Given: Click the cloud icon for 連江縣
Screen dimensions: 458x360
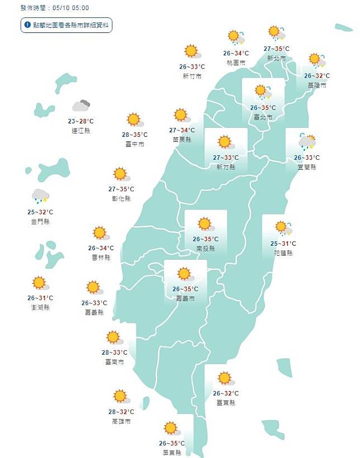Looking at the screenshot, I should click(x=82, y=106).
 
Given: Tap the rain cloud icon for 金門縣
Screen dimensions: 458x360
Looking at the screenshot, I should click(x=40, y=195).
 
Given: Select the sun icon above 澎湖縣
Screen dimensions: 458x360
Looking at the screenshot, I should click(x=39, y=283).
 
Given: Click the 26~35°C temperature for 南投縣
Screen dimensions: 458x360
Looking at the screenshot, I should click(x=205, y=240).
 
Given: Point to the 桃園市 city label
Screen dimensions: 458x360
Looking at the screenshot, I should click(x=236, y=63).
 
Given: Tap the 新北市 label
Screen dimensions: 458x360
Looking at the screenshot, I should click(x=277, y=58).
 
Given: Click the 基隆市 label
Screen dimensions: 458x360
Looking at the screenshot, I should click(x=316, y=85).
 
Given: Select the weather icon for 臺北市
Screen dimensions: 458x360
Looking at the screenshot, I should click(x=261, y=92).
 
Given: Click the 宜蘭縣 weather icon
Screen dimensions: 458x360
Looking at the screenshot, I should click(x=307, y=142).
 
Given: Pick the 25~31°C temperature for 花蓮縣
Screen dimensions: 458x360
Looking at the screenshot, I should click(x=283, y=244).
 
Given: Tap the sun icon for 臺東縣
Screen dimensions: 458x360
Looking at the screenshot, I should click(x=225, y=378).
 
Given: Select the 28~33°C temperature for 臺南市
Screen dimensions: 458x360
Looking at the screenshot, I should click(x=115, y=352).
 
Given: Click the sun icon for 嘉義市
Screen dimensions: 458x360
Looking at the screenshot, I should click(x=184, y=274).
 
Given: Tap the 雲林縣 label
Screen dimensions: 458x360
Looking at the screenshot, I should click(x=101, y=257).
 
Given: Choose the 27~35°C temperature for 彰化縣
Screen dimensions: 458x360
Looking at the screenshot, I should click(x=121, y=189).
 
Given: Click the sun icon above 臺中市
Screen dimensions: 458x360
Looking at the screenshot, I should click(x=134, y=120).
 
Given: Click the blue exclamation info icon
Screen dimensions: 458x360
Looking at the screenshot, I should click(x=27, y=25).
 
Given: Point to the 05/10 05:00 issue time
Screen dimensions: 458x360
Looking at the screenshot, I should click(x=69, y=8).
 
